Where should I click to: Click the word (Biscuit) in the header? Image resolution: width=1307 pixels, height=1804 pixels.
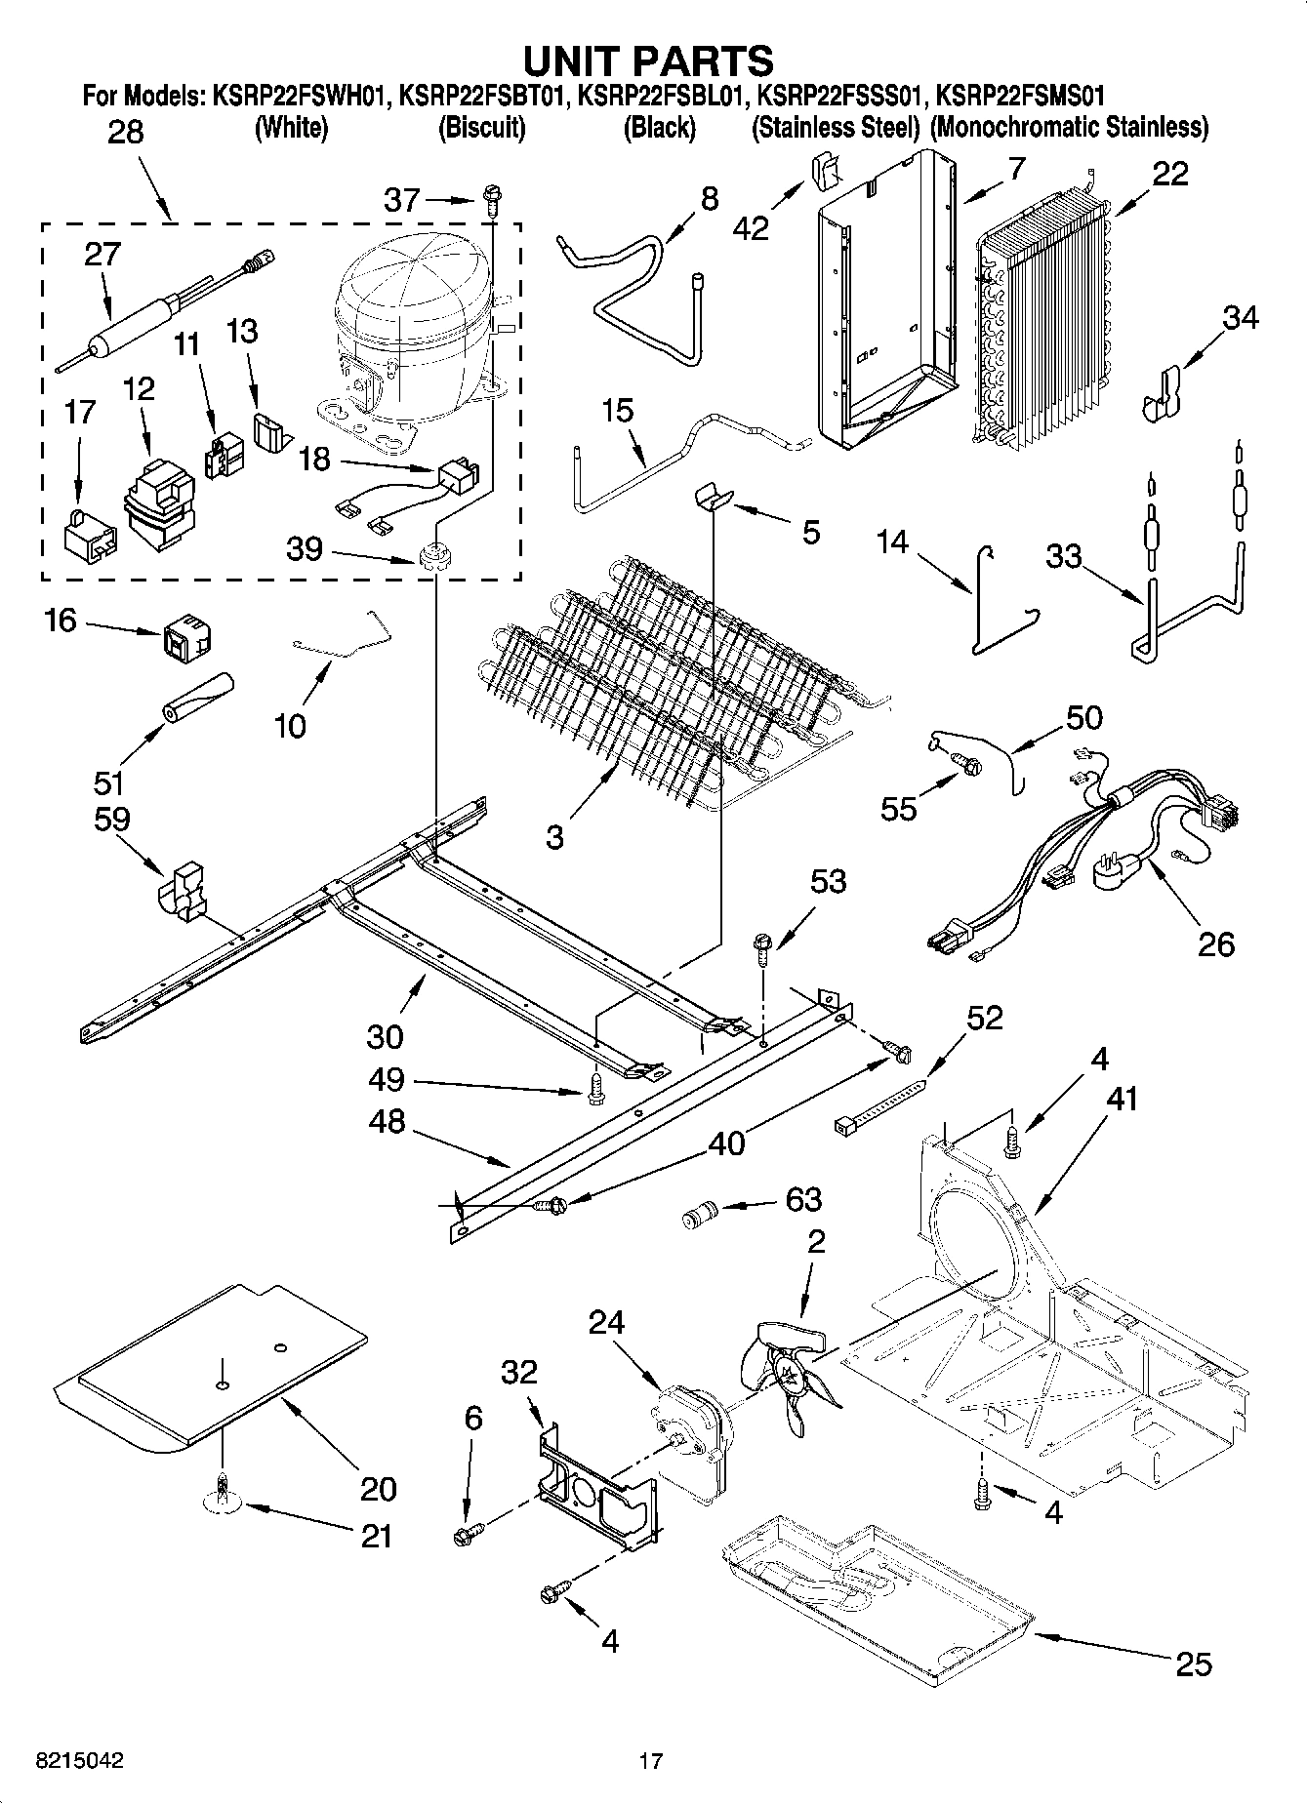[x=481, y=127]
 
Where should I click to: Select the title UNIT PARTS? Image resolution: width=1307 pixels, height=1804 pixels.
[x=647, y=60]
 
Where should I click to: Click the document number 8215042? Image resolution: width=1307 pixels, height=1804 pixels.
[x=79, y=1761]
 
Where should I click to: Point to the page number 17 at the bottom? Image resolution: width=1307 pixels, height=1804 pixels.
[x=650, y=1761]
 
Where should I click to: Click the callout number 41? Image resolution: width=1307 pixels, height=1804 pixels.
[x=1123, y=1099]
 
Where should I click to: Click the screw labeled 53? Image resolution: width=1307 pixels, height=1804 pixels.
[x=762, y=948]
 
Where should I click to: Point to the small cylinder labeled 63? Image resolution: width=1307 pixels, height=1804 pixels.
[x=698, y=1216]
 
